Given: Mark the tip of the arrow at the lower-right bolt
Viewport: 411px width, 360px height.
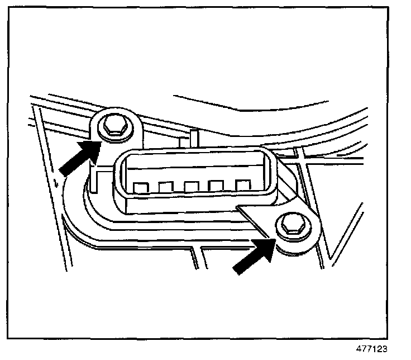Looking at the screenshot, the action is coord(274,240).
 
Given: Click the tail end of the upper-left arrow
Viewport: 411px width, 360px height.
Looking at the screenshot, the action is coord(63,170).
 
